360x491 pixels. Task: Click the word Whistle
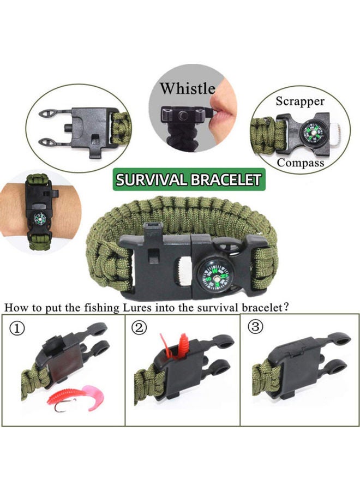pyautogui.click(x=187, y=88)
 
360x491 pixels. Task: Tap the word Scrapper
pyautogui.click(x=299, y=101)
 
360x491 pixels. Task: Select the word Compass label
pyautogui.click(x=300, y=163)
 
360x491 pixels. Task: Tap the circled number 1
pyautogui.click(x=18, y=328)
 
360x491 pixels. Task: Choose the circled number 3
pyautogui.click(x=255, y=327)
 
